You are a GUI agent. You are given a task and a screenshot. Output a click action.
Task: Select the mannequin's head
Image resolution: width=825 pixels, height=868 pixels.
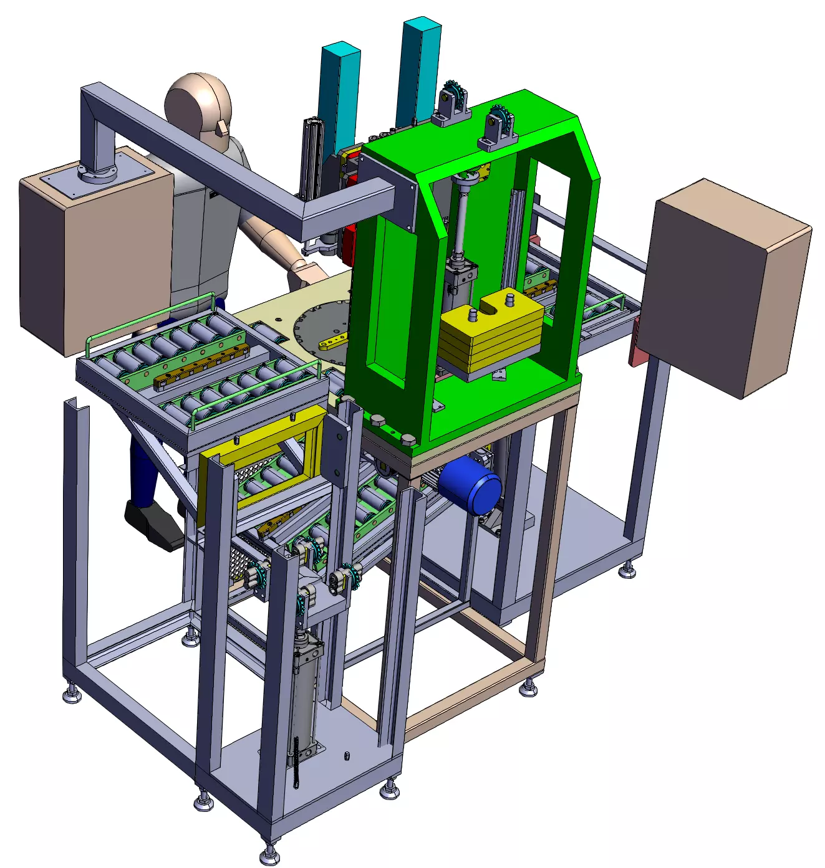click(x=199, y=108)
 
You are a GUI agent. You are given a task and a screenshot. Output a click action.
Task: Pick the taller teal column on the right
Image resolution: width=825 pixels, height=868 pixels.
click(x=418, y=69)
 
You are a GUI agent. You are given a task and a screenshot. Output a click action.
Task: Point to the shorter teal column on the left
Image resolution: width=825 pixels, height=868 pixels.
click(x=339, y=93)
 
